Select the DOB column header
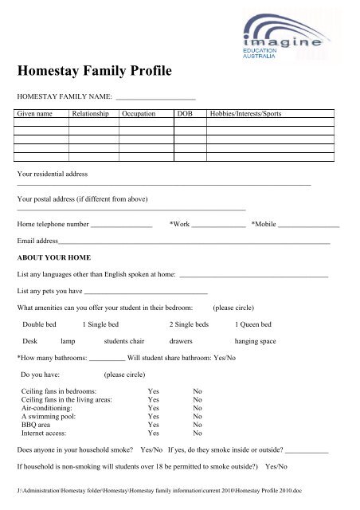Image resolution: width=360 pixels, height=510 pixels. click(185, 114)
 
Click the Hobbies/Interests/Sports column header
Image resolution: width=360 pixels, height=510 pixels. click(246, 114)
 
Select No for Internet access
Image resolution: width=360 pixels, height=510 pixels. click(198, 433)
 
